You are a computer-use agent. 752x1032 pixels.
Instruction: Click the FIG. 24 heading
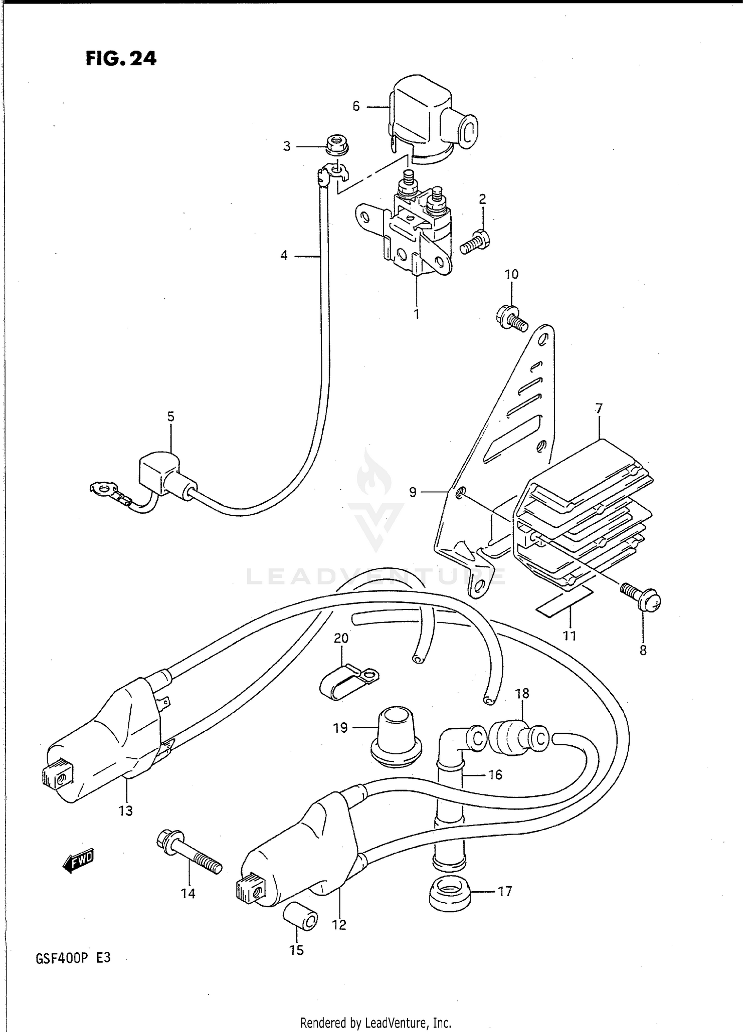pos(121,59)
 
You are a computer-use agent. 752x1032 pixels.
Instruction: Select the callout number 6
pos(356,106)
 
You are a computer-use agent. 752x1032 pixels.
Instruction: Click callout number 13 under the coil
pos(125,810)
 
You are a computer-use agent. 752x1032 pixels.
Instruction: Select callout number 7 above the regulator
pos(599,408)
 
